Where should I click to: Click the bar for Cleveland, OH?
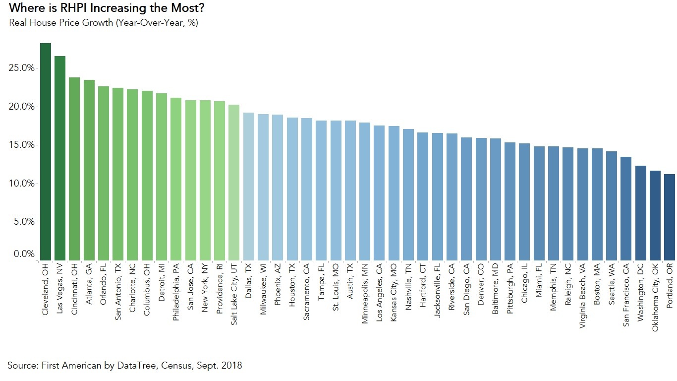[x=46, y=151]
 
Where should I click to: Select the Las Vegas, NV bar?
[x=60, y=158]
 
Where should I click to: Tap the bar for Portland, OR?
[x=670, y=217]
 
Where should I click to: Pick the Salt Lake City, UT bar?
[x=234, y=182]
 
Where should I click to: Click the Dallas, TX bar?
[x=249, y=186]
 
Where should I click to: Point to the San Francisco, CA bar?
[x=626, y=208]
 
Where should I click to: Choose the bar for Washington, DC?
[x=641, y=213]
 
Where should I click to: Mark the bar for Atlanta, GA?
[x=89, y=170]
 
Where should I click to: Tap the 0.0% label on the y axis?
[x=22, y=254]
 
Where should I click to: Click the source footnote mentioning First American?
[x=124, y=366]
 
